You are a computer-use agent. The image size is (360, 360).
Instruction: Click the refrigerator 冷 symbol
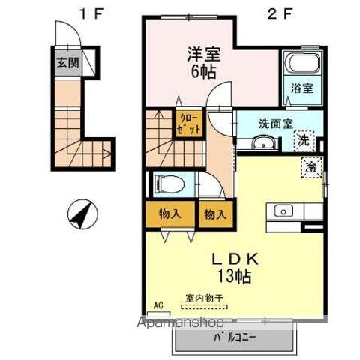pos(310,166)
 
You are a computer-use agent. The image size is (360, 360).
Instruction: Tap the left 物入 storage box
pos(170,214)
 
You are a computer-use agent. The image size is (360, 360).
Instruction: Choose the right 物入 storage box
pos(215,214)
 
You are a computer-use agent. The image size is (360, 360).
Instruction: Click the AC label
pos(157,304)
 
